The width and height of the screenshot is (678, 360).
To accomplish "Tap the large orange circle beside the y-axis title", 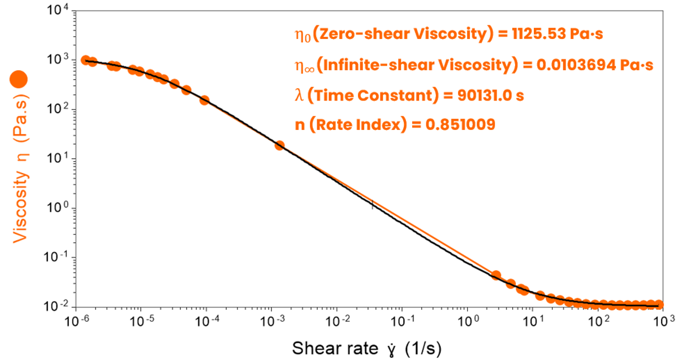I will (x=20, y=80).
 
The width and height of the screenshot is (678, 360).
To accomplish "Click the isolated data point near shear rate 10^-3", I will (x=279, y=145).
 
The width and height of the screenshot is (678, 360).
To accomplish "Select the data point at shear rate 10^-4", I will (x=205, y=101).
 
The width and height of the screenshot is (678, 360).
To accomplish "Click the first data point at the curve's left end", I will (x=85, y=60).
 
